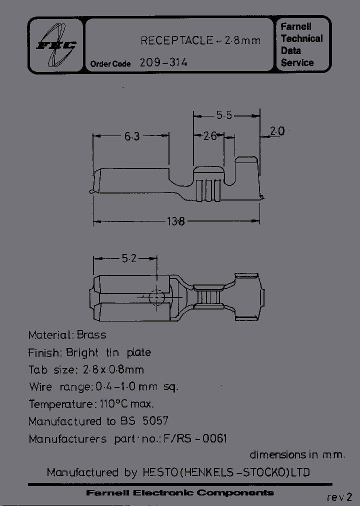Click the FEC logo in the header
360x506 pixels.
(56, 45)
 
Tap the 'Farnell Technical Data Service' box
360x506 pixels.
(302, 44)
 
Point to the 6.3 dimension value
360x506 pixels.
(131, 135)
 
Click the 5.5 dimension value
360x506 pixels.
(224, 115)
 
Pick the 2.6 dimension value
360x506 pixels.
(210, 135)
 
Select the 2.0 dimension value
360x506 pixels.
(276, 131)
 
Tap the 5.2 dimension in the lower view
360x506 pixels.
(129, 258)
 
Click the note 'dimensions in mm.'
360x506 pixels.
(297, 454)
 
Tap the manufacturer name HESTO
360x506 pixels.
(159, 472)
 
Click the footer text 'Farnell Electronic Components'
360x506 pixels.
(180, 493)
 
